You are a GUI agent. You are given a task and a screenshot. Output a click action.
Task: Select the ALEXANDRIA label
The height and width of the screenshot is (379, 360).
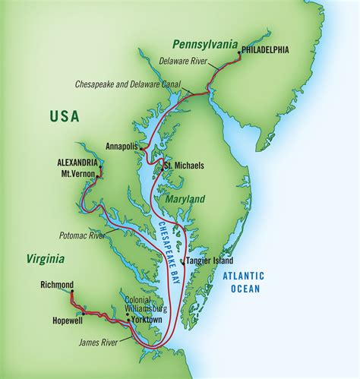pos(77,163)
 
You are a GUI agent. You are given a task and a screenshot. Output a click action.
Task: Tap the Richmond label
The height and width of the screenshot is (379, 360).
pos(57,285)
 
